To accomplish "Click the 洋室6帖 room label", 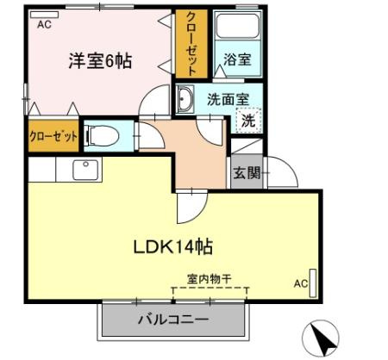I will click(x=101, y=62).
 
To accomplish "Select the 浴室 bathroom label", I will click(x=237, y=60).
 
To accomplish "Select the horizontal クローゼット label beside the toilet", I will click(x=53, y=136).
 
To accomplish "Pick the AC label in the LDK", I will click(x=300, y=282).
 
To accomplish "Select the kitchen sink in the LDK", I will click(x=84, y=170).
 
